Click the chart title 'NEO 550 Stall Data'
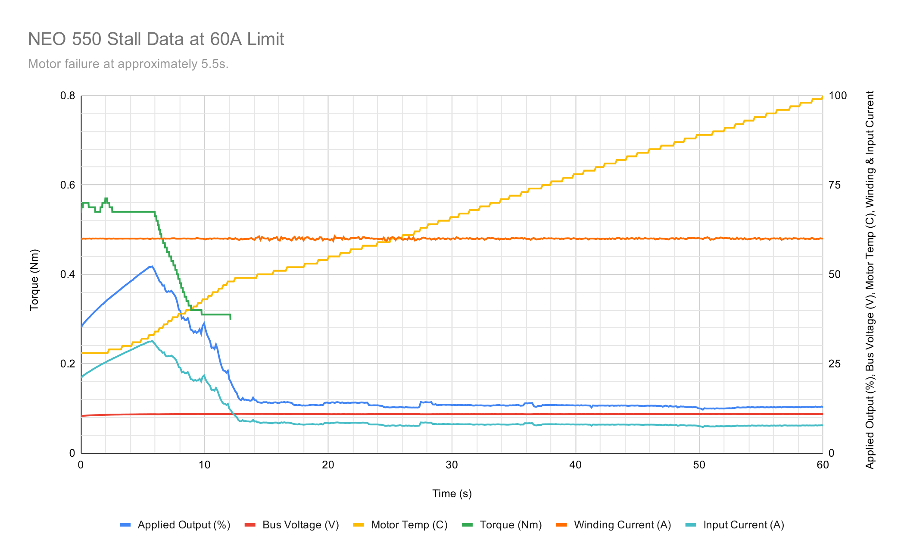[x=156, y=39]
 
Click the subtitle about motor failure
[x=128, y=64]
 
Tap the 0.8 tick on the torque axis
[x=68, y=96]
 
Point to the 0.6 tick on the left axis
[x=68, y=185]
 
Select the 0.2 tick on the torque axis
[x=68, y=364]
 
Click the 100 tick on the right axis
[x=838, y=96]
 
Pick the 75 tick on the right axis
[x=835, y=185]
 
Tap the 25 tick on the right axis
[x=835, y=364]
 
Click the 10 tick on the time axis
[x=204, y=465]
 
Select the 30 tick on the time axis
[x=452, y=465]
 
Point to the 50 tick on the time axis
[x=699, y=465]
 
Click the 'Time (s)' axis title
[x=452, y=493]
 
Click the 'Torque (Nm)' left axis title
[x=34, y=280]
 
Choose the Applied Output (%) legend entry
[x=175, y=525]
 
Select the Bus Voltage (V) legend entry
[x=292, y=525]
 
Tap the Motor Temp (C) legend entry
[x=400, y=525]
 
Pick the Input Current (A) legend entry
[x=734, y=525]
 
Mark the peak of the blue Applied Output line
[x=151, y=267]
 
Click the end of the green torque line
[x=231, y=319]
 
